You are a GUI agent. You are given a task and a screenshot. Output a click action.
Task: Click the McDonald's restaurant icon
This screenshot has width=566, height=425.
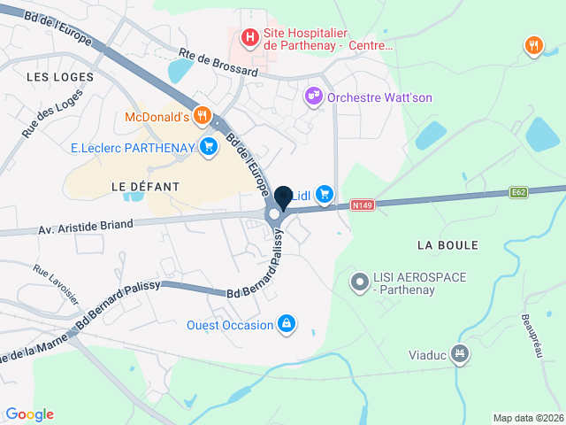(203, 115)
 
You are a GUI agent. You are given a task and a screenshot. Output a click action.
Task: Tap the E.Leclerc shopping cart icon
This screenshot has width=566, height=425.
(209, 146)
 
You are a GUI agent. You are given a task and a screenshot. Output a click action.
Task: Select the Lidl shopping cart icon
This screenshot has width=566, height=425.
(325, 192)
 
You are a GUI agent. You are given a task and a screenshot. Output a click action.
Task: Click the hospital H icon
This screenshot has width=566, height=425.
(250, 37)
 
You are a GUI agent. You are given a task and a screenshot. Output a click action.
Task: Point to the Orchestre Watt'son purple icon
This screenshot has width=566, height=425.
(313, 96)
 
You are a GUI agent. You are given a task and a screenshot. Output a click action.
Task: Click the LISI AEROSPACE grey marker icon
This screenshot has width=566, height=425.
(359, 283)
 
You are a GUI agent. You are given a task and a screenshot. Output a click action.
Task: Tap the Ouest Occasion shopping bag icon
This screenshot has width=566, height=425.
(286, 324)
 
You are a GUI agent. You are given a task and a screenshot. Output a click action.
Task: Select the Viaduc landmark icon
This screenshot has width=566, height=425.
(459, 354)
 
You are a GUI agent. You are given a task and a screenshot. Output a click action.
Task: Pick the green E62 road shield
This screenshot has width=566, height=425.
(519, 191)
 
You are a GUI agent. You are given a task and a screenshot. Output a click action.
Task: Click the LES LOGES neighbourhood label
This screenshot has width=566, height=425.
(60, 77)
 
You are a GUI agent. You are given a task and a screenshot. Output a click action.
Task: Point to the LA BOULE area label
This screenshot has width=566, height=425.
(447, 244)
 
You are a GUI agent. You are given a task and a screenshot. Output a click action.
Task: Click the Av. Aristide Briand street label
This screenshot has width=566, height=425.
(86, 225)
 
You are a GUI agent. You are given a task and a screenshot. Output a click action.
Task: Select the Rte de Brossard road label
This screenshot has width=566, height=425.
(218, 63)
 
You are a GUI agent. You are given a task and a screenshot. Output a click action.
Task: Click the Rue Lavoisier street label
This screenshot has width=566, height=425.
(55, 275)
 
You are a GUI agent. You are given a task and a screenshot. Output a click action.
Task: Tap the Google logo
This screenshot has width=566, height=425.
(29, 413)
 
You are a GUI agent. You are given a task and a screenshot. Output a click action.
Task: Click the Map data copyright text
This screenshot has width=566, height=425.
(527, 418)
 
